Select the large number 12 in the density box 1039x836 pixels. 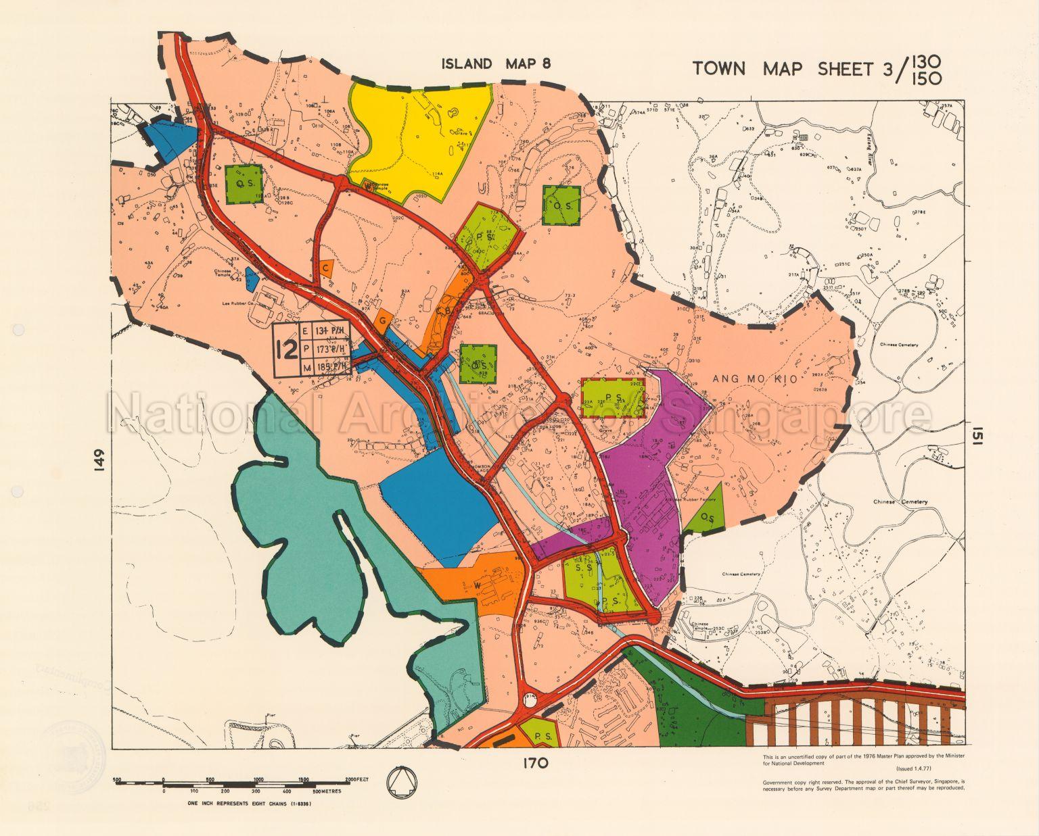287,349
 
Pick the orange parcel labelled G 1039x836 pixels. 383,320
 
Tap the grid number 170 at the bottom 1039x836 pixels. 534,764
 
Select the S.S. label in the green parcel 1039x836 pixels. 584,568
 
